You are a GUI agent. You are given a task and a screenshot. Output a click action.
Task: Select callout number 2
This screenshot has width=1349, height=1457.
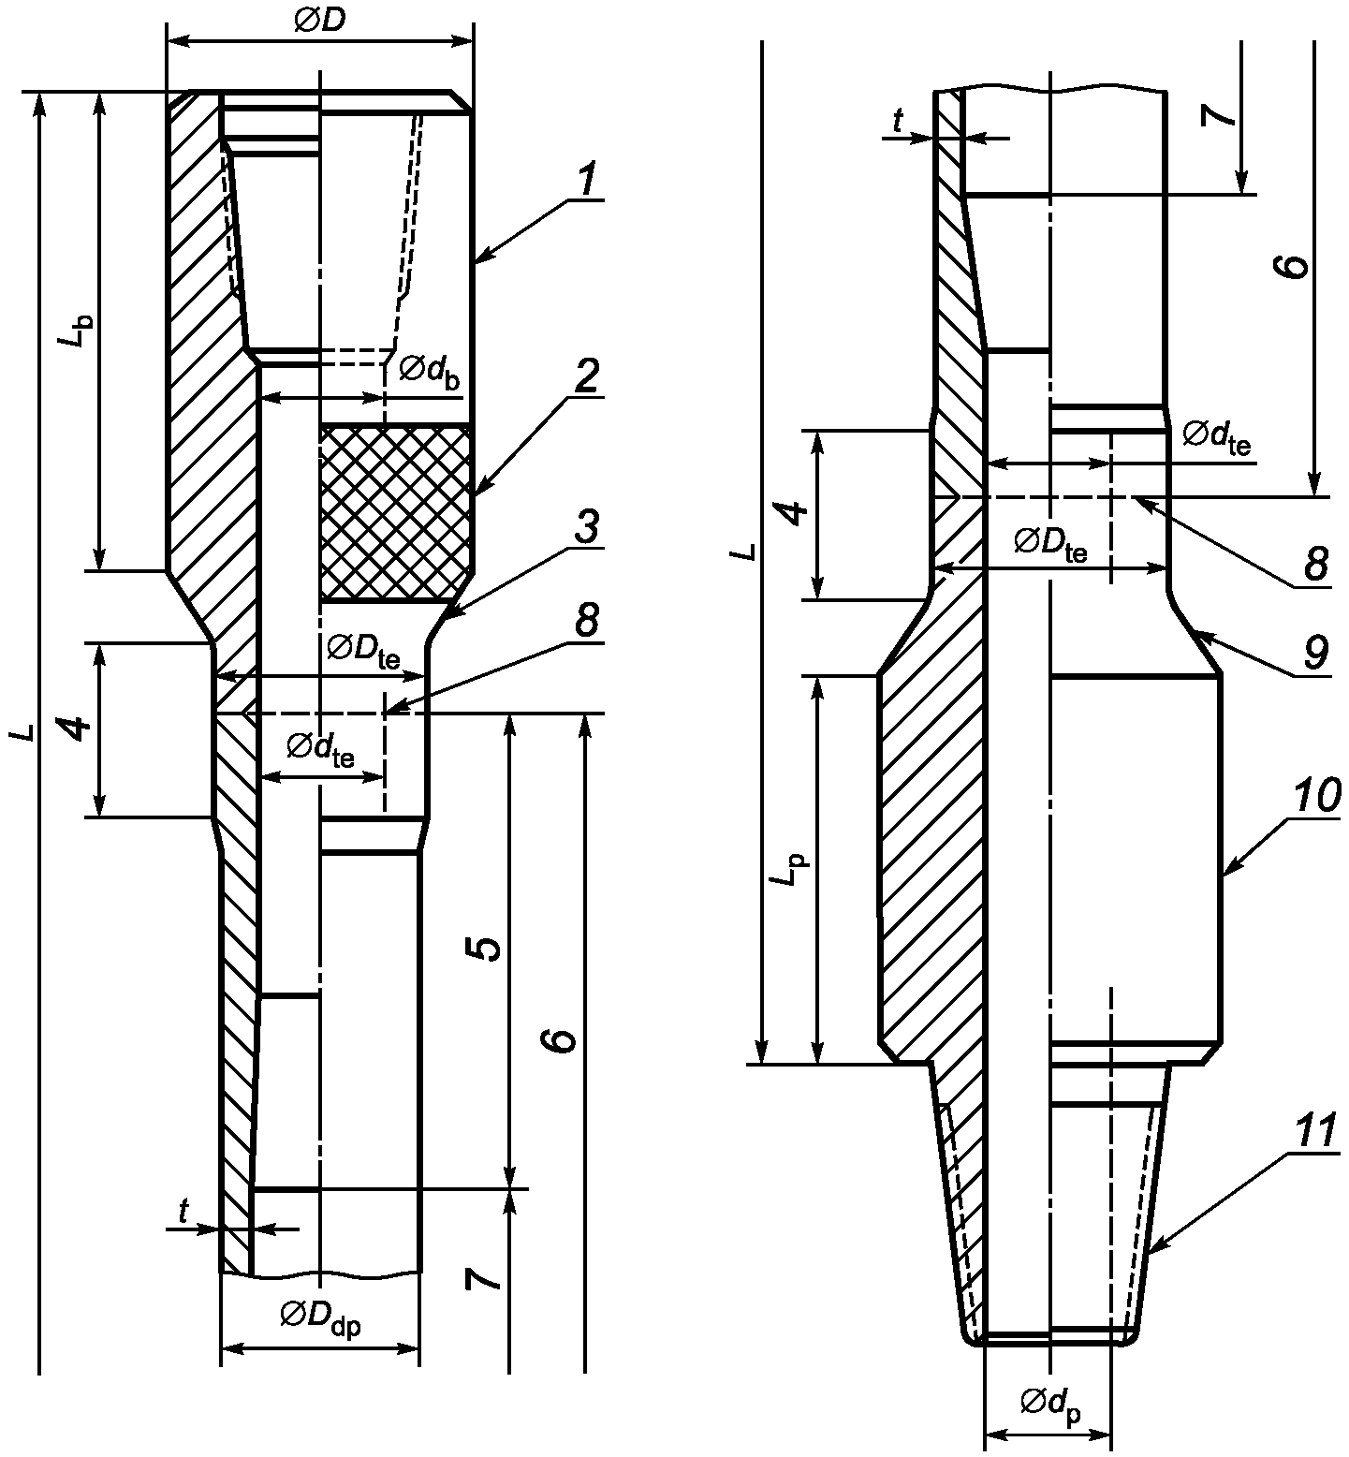tap(588, 376)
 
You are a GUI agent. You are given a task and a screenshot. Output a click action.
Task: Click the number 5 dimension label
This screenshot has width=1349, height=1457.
tap(485, 949)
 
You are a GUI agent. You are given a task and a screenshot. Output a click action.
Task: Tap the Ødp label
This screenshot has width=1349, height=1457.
tap(1050, 1405)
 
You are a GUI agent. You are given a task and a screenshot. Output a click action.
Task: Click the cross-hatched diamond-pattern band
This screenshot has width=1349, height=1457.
tap(394, 512)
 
